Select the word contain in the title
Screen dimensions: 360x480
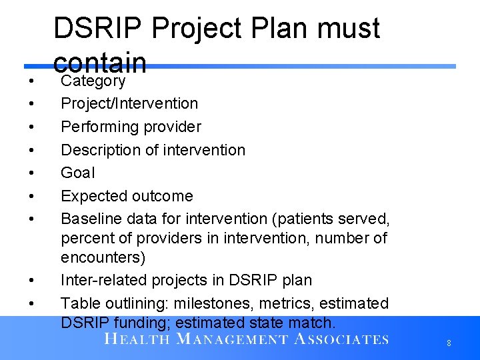click(100, 62)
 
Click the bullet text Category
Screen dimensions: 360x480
click(93, 81)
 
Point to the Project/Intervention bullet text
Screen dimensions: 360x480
click(129, 104)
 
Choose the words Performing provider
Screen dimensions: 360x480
click(131, 127)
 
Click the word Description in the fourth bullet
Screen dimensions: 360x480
click(101, 150)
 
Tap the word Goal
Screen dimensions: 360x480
click(78, 173)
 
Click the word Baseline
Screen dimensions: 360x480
click(91, 219)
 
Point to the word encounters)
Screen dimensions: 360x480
click(103, 257)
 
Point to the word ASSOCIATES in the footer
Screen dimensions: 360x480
click(341, 339)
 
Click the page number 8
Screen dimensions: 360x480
click(449, 343)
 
